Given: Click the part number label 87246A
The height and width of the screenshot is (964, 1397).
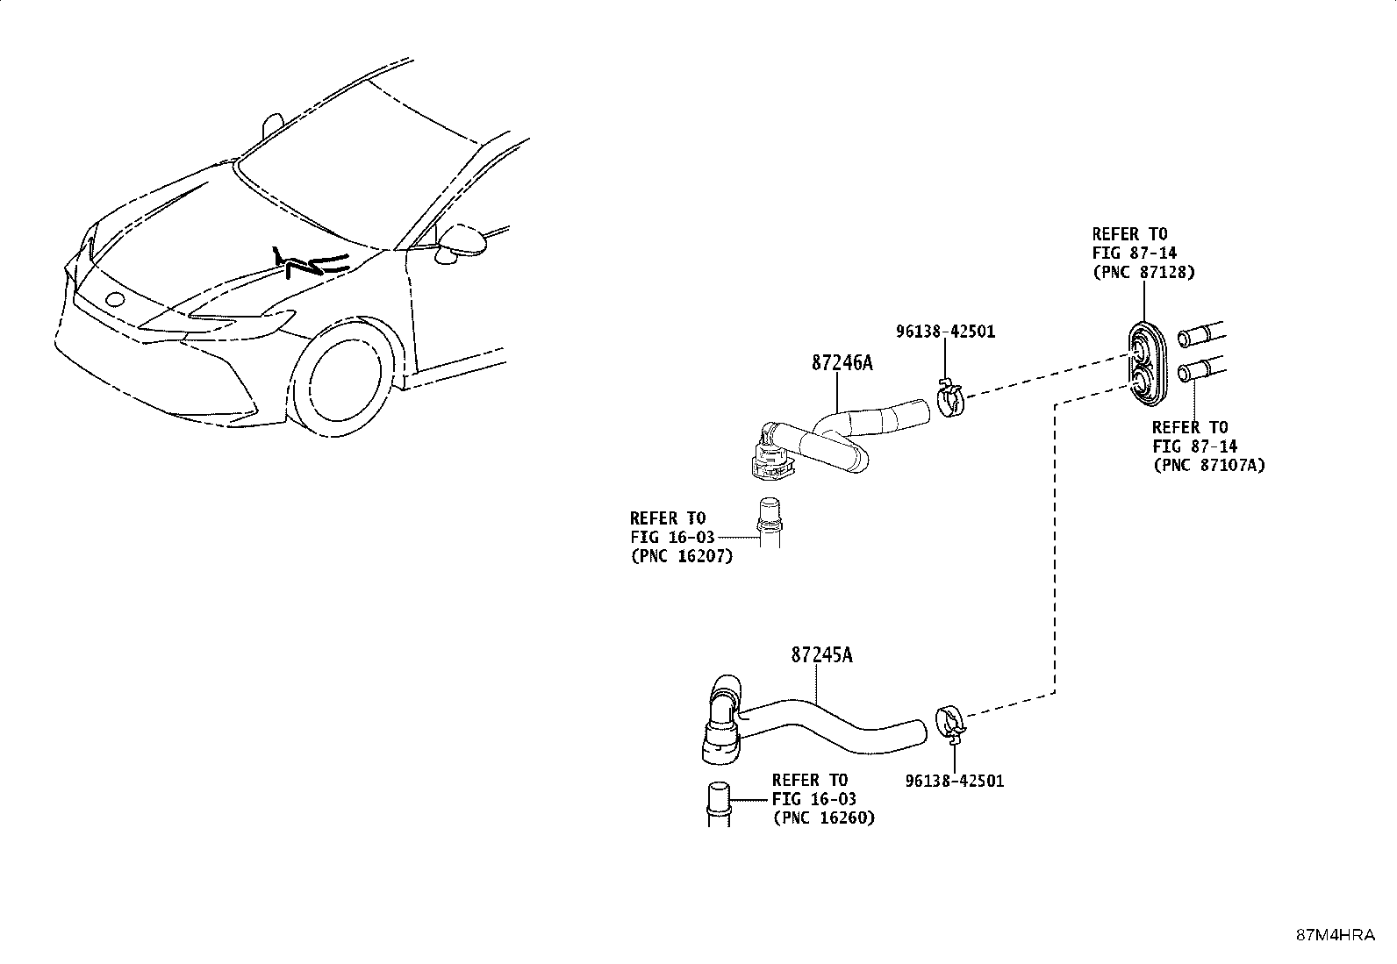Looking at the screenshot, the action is tap(842, 363).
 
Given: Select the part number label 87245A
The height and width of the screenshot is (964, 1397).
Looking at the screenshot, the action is tap(821, 654).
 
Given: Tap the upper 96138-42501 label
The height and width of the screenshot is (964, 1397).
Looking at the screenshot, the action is tap(945, 332).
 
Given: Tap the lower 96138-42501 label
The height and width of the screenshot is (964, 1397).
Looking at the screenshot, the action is tap(955, 781).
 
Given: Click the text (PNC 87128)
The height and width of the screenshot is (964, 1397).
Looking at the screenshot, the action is tap(1143, 273).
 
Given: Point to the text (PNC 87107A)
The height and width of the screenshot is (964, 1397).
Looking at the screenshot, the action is tap(1209, 465).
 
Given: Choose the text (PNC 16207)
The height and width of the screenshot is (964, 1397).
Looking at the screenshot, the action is tap(682, 555).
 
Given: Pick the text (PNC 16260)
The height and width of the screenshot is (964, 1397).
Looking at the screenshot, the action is tap(824, 818).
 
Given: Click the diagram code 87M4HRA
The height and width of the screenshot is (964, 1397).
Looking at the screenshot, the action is tap(1336, 935).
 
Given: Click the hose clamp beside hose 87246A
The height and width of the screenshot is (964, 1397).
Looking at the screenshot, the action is tap(950, 398).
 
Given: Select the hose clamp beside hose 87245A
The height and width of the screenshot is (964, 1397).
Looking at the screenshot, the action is tap(951, 724).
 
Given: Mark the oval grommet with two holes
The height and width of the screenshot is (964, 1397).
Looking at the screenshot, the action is tap(1146, 363).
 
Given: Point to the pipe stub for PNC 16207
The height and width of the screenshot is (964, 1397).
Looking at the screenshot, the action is tap(770, 523).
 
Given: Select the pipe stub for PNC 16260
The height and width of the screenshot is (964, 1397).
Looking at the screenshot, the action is tap(719, 804).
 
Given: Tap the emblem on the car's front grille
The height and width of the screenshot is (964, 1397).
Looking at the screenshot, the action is tap(115, 299).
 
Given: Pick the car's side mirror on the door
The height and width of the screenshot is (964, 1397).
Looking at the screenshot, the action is tap(461, 243).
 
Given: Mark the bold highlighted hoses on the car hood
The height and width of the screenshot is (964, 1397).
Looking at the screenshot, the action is tap(311, 263).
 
